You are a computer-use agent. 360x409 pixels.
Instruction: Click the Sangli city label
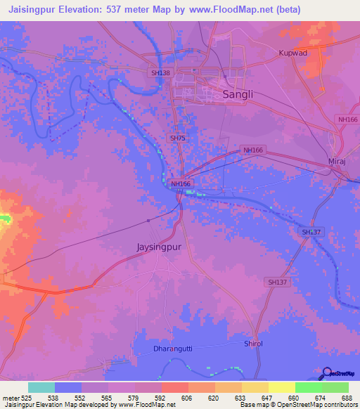(x=238, y=94)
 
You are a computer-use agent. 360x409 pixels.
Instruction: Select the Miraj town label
(x=339, y=162)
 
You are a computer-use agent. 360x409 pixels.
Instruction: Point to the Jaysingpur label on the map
(x=162, y=247)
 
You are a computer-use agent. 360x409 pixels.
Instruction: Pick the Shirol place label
(x=253, y=343)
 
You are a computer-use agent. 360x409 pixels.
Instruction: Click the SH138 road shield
(x=160, y=72)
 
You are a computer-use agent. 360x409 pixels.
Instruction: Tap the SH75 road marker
(x=177, y=138)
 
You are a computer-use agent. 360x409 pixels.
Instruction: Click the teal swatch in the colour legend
(x=41, y=387)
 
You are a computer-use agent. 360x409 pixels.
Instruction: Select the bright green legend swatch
(x=335, y=387)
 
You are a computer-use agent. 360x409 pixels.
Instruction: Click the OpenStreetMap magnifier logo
(x=326, y=373)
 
